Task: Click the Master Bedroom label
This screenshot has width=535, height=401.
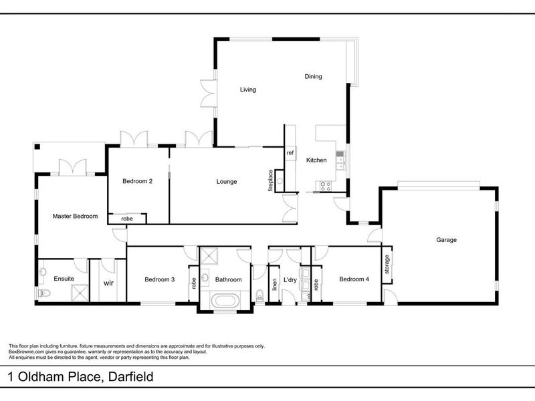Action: click(x=75, y=216)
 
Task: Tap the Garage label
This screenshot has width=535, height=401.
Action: click(x=446, y=240)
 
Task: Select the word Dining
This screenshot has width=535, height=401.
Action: click(x=313, y=76)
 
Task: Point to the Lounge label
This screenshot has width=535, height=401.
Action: click(x=227, y=182)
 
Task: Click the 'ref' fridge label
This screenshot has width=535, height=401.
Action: click(x=290, y=153)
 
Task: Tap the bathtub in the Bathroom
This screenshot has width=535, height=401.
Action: click(x=224, y=301)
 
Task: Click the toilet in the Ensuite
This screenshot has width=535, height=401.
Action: click(x=44, y=293)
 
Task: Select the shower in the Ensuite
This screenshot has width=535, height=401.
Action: click(x=80, y=293)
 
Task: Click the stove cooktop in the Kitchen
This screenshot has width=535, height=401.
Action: click(x=325, y=186)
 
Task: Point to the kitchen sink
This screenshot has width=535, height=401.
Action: click(x=340, y=160)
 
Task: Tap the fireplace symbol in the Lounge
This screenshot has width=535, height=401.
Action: click(x=280, y=180)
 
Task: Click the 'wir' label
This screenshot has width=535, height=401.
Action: click(x=108, y=283)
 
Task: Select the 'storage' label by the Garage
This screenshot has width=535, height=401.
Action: click(x=387, y=264)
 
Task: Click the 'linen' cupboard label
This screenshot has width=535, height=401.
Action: click(x=274, y=285)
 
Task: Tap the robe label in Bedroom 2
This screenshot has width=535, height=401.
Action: click(x=127, y=219)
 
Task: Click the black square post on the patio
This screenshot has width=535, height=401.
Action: click(x=37, y=147)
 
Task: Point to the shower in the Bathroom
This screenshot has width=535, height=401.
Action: click(x=209, y=256)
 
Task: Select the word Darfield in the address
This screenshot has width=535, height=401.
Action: click(x=130, y=377)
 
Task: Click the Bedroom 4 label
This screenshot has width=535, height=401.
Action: click(x=354, y=279)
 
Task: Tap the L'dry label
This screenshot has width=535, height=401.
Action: click(x=290, y=280)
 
